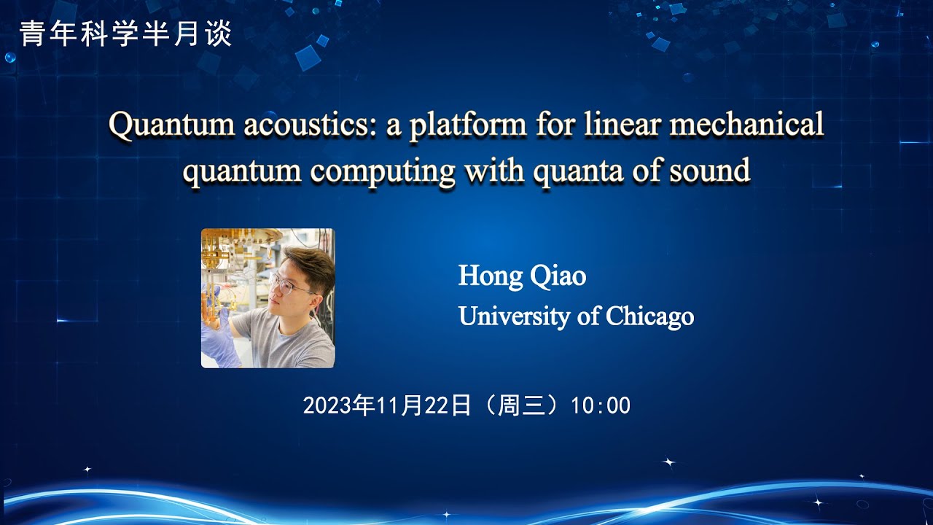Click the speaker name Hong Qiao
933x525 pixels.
522,276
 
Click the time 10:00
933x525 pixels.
601,405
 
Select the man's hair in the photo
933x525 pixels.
310,262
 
